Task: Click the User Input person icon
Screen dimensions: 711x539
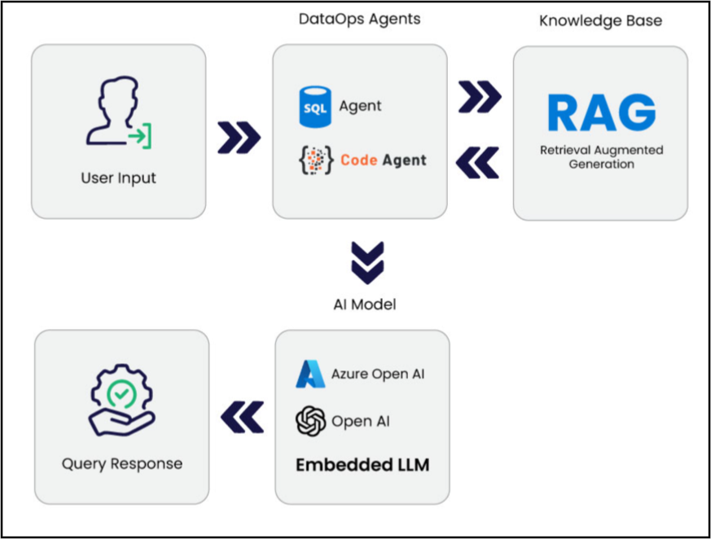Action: (119, 112)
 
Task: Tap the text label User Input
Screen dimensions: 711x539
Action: (118, 178)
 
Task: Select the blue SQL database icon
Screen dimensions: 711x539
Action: (315, 107)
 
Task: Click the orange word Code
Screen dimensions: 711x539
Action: (358, 160)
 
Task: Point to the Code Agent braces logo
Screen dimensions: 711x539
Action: (316, 160)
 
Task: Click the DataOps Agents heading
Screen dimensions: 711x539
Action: (360, 20)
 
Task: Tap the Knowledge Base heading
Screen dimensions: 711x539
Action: (600, 21)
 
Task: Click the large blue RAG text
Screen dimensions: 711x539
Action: (602, 112)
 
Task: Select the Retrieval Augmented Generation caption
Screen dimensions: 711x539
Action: (601, 157)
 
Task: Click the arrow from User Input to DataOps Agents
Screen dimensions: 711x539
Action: (239, 138)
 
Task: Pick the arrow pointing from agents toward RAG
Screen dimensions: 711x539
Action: (480, 97)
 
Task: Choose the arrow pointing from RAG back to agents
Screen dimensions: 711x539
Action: (477, 162)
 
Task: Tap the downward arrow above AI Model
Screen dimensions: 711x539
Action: (367, 263)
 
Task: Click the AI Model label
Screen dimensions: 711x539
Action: (365, 305)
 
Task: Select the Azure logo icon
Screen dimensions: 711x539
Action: (310, 374)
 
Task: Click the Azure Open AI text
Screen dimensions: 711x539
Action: (378, 374)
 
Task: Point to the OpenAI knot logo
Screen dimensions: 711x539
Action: (310, 421)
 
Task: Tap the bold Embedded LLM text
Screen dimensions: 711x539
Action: (362, 465)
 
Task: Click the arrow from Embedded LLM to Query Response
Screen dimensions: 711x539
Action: (242, 417)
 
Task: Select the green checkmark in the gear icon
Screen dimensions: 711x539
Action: (121, 394)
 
